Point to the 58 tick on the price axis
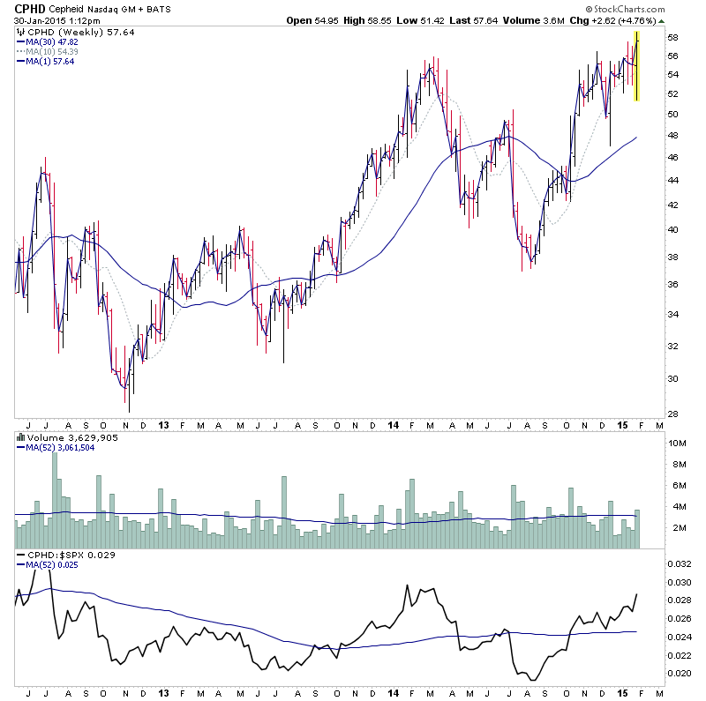tap(672, 38)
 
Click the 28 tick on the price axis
tap(672, 413)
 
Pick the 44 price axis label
tap(672, 180)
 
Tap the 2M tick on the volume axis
tap(674, 527)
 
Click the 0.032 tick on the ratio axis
tap(679, 563)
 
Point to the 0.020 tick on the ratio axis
tap(679, 674)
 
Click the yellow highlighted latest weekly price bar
tap(637, 67)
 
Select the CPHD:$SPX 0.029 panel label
tap(66, 556)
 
